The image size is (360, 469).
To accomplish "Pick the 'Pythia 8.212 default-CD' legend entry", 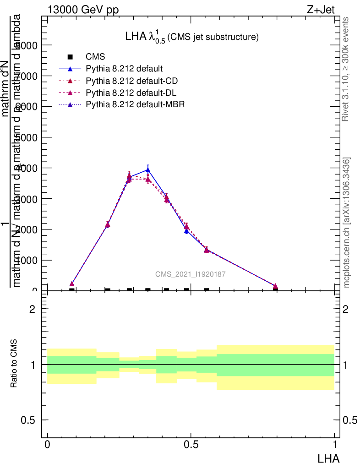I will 131,81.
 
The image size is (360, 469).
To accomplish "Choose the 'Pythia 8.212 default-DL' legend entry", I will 131,93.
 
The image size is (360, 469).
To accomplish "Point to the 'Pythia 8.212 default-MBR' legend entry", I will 135,105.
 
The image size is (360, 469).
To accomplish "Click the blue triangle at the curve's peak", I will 148,169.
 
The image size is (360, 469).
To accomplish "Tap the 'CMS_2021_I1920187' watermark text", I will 190,274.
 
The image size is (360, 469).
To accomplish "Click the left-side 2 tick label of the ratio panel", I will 33,309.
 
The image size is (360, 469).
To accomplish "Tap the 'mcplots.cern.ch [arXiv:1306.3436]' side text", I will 347,223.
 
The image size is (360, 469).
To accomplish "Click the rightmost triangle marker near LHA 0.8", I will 275,286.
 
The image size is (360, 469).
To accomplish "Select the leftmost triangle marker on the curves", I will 72,284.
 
